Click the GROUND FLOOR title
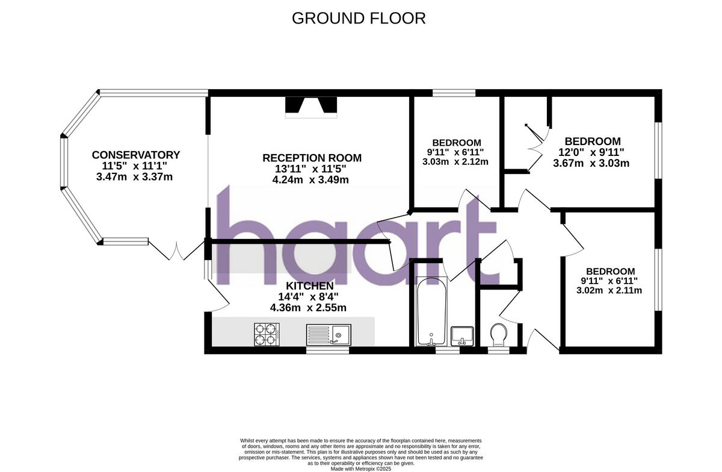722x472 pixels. (359, 18)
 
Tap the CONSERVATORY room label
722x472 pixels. (135, 155)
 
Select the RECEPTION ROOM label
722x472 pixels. (312, 158)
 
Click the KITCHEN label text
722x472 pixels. (309, 285)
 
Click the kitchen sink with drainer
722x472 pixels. (329, 334)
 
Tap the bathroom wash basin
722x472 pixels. (461, 335)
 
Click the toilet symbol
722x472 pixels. (499, 335)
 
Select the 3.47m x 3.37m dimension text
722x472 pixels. (135, 177)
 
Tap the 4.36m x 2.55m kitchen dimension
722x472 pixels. (309, 308)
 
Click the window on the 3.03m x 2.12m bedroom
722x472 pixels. (454, 93)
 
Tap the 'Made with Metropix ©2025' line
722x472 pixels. (360, 468)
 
